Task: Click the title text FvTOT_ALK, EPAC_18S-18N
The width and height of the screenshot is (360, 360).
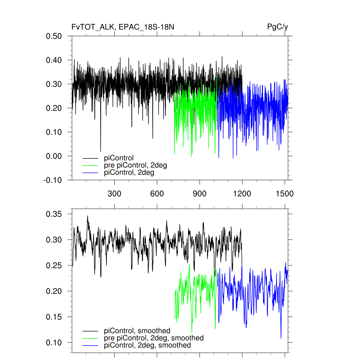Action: pyautogui.click(x=123, y=27)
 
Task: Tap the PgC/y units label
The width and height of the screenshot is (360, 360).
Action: pyautogui.click(x=278, y=27)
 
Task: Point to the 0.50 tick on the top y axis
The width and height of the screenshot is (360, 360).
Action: pyautogui.click(x=54, y=36)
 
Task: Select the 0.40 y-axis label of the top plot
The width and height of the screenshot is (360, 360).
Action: pyautogui.click(x=54, y=60)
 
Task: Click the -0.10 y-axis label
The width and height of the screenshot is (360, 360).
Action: pyautogui.click(x=53, y=180)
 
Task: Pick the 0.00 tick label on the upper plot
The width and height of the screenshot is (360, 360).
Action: pyautogui.click(x=54, y=156)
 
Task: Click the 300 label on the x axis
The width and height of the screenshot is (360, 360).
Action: pyautogui.click(x=114, y=193)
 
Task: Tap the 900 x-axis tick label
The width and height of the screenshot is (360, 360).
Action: pyautogui.click(x=200, y=193)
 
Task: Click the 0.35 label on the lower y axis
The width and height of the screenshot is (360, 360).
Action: pyautogui.click(x=54, y=214)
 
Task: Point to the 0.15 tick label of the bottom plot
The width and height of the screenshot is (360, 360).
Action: pyautogui.click(x=54, y=317)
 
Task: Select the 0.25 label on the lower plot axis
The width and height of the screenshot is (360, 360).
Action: pyautogui.click(x=54, y=265)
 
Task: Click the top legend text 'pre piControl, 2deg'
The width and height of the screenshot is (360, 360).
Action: pyautogui.click(x=135, y=166)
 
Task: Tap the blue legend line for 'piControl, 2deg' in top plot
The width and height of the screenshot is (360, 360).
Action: pyautogui.click(x=90, y=173)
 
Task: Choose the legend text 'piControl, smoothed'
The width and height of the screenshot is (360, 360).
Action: pyautogui.click(x=137, y=330)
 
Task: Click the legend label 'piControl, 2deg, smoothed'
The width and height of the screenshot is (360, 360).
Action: pyautogui.click(x=148, y=345)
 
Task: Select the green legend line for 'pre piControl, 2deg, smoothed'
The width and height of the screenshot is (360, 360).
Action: pyautogui.click(x=90, y=338)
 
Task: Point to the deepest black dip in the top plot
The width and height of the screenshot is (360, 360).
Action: pyautogui.click(x=101, y=151)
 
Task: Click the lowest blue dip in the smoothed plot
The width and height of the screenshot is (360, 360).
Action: pyautogui.click(x=281, y=338)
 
